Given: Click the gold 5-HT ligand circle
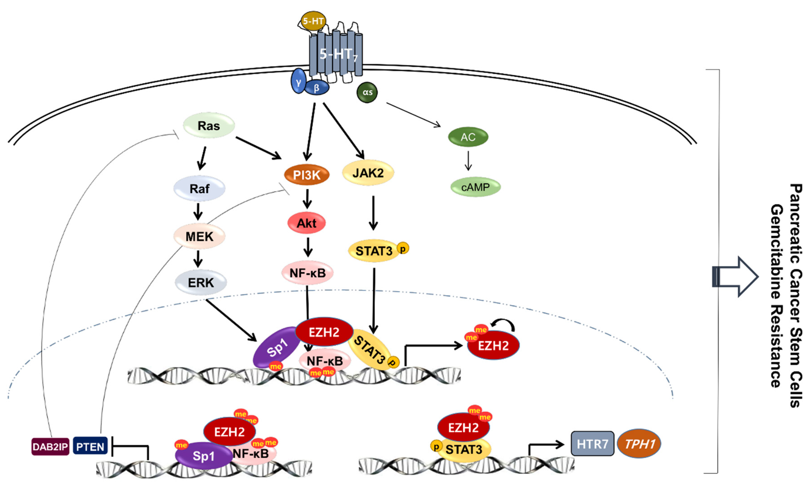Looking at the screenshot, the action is click(313, 21).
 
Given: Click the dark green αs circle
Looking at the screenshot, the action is click(367, 92).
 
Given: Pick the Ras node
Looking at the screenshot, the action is click(209, 125).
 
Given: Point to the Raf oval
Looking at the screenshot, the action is click(199, 188).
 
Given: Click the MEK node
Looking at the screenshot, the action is click(199, 236).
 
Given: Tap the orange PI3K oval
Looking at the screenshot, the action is click(307, 175).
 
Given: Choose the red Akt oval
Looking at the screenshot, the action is click(306, 223).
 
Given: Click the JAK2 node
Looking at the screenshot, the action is click(368, 173).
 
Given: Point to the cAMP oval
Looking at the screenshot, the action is click(476, 187).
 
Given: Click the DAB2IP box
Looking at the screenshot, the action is click(50, 446).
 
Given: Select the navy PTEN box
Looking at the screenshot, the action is click(90, 446).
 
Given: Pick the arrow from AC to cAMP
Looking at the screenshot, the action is click(468, 161).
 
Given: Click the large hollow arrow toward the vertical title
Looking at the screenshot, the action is click(735, 277).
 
